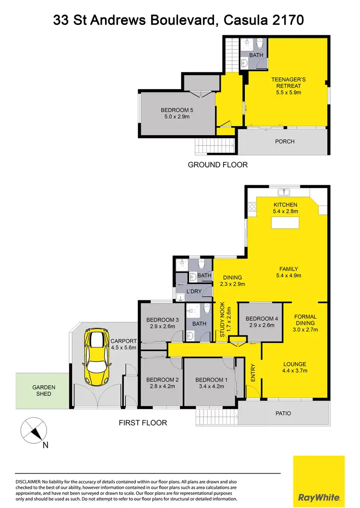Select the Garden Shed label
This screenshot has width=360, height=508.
pyautogui.click(x=44, y=390)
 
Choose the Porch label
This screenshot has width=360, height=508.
pyautogui.click(x=285, y=142)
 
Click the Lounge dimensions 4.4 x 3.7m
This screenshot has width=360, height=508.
pyautogui.click(x=294, y=370)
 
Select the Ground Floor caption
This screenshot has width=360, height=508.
pyautogui.click(x=217, y=165)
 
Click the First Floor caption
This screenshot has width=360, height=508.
pyautogui.click(x=143, y=423)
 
